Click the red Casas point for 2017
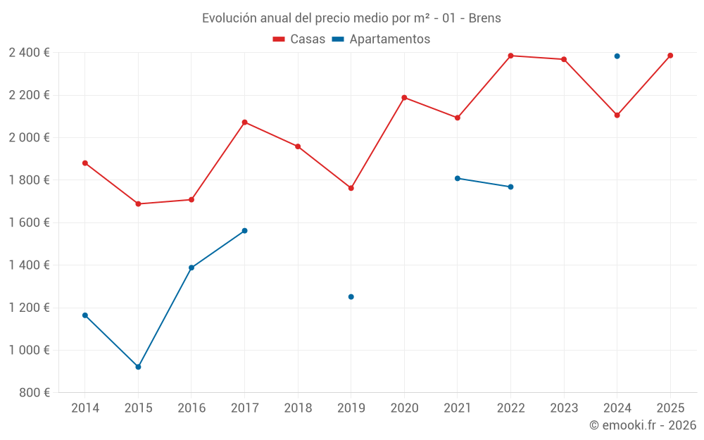(244, 122)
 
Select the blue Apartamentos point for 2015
(138, 367)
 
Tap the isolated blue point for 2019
(351, 297)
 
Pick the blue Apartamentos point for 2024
(617, 56)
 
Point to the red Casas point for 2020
(404, 98)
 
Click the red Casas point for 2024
(617, 115)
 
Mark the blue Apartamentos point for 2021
(457, 178)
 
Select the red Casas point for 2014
(85, 163)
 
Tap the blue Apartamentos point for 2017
(244, 231)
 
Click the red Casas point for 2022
(510, 56)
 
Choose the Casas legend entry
(299, 39)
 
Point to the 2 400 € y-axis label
(29, 53)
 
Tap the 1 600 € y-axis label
(29, 222)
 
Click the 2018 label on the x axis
(298, 408)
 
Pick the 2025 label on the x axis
(670, 408)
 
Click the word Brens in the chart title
(484, 18)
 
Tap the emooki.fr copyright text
(642, 425)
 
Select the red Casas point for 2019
(351, 188)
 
